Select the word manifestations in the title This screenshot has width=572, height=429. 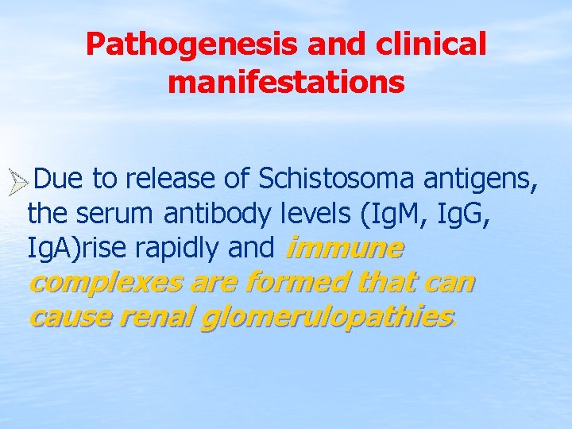[x=286, y=82]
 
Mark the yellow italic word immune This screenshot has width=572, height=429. [x=343, y=249]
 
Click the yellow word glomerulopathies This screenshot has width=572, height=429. [x=326, y=318]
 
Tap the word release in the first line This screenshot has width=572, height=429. [x=170, y=180]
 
